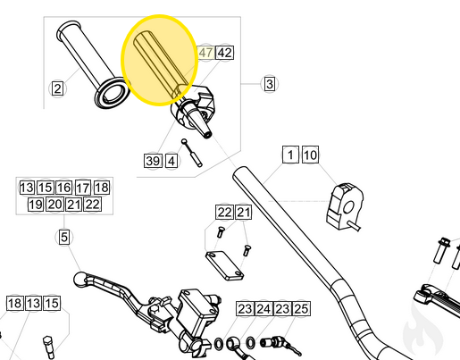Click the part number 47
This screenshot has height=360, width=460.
(205, 53)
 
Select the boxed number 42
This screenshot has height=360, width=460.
(223, 53)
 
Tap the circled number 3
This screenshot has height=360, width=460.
(269, 85)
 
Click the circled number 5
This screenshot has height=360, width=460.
(63, 238)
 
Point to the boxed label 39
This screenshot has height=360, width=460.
(153, 161)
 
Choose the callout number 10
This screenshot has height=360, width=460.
(309, 155)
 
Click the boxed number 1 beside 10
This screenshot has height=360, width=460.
(290, 155)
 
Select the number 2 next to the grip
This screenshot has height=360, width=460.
(57, 88)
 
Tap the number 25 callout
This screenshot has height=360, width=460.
(301, 308)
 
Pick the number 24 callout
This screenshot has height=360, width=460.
(263, 308)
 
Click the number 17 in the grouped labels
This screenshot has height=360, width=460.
(82, 188)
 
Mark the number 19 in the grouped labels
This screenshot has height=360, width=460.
(35, 205)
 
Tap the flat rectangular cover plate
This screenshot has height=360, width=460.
(224, 265)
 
